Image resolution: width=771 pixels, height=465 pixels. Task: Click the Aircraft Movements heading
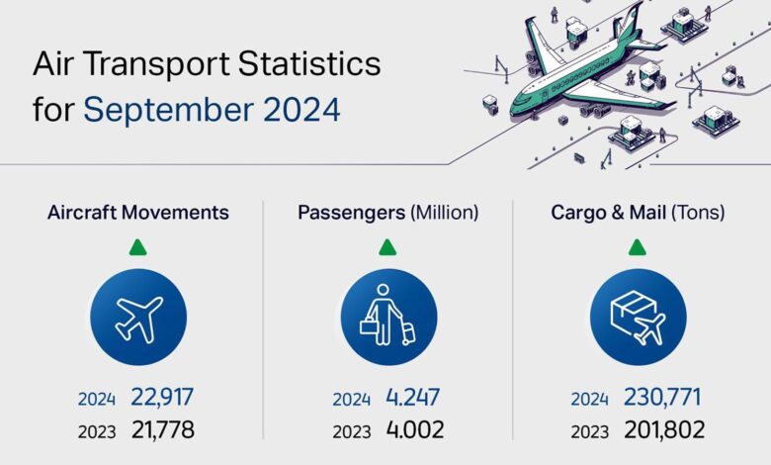138,212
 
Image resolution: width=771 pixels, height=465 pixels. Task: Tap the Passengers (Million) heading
387,212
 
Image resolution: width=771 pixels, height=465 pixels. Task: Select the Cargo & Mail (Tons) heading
637,212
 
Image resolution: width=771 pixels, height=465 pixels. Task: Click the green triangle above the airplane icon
138,246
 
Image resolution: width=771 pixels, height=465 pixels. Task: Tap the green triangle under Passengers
387,246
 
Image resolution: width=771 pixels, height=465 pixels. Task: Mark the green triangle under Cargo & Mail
637,246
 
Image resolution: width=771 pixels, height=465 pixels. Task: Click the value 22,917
162,398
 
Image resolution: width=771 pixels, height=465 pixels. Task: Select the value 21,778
162,430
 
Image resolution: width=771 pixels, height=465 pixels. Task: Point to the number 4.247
410,398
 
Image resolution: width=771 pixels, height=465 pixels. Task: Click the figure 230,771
661,398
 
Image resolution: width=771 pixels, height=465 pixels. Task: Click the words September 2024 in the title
212,109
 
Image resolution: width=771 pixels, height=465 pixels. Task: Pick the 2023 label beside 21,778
98,431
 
